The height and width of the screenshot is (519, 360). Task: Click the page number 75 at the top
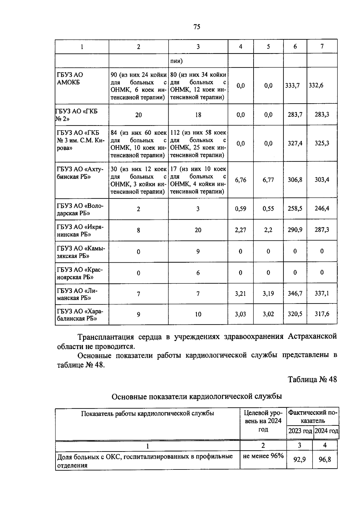(196, 27)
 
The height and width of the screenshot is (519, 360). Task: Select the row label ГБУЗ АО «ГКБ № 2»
(76, 115)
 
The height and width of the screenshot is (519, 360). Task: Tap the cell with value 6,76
(241, 180)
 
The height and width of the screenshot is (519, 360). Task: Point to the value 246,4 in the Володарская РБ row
(322, 208)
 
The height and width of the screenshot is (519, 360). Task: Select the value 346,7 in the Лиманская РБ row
(295, 293)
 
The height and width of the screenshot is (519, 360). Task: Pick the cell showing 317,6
(322, 314)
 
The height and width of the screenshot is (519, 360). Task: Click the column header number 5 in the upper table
(268, 47)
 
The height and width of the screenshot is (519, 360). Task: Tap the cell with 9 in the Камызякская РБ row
(198, 252)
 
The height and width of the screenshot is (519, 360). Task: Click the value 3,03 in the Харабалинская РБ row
(241, 314)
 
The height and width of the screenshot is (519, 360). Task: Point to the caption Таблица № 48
(312, 379)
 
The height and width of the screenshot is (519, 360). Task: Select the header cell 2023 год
(300, 431)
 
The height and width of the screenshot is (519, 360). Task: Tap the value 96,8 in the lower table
(325, 459)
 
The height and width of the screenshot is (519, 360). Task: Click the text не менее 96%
(263, 456)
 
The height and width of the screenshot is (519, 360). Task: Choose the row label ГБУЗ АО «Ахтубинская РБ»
(80, 173)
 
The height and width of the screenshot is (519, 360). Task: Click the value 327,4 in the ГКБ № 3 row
(295, 143)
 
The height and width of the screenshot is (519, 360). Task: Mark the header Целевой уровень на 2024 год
(263, 421)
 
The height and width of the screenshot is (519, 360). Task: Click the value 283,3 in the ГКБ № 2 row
(322, 114)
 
